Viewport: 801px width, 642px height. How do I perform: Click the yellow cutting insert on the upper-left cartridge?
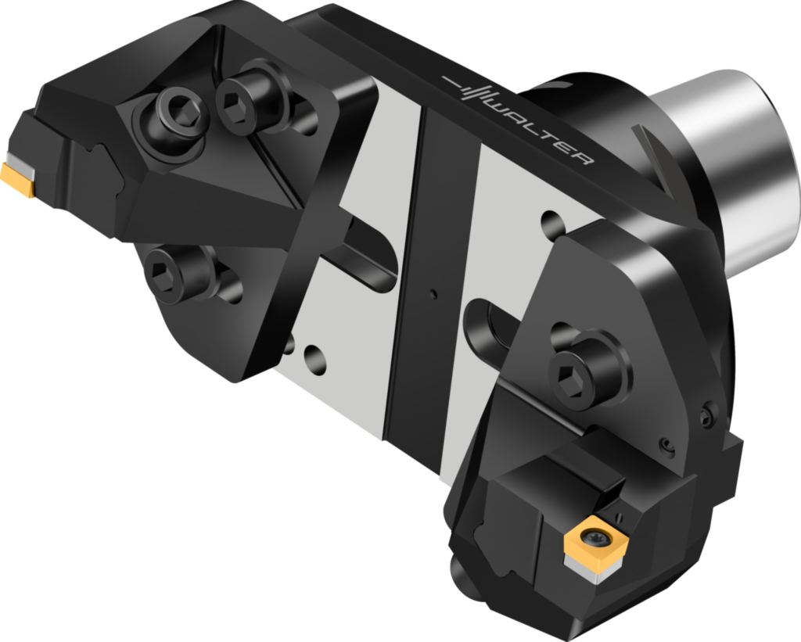pos(18,179)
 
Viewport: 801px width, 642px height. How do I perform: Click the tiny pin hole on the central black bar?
pos(433,294)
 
